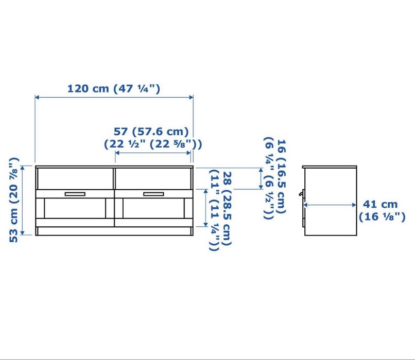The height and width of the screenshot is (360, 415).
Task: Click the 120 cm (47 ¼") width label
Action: [114, 88]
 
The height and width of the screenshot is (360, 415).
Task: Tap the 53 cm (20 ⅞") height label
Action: [13, 200]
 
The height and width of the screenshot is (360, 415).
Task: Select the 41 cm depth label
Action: [380, 204]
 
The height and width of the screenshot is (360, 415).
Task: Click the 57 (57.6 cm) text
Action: [151, 131]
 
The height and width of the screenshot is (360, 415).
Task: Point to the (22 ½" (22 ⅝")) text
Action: [153, 144]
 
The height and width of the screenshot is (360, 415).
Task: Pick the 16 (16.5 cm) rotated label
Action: [281, 176]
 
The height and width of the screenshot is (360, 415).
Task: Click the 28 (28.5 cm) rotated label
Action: [227, 208]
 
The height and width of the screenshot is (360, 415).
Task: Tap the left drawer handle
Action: [75, 194]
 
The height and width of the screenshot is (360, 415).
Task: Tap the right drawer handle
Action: [153, 194]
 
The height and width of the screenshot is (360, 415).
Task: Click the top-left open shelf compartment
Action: [75, 178]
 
